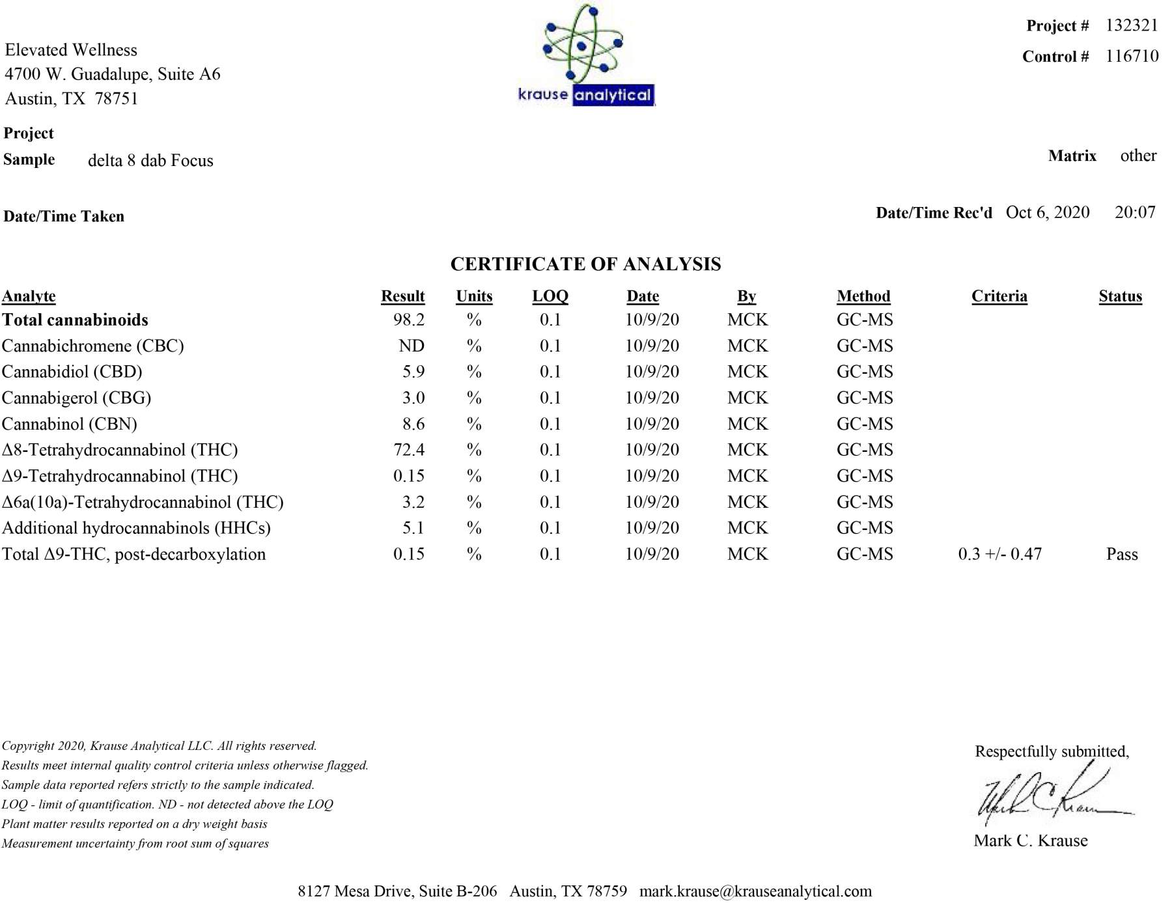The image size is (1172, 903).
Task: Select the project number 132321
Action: [x=1132, y=25]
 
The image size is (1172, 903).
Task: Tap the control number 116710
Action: [x=1132, y=56]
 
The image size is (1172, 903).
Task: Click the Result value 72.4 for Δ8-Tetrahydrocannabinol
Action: [x=409, y=450]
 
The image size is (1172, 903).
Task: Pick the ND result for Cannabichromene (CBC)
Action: [x=412, y=346]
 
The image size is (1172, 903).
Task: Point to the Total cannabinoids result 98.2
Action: [x=409, y=320]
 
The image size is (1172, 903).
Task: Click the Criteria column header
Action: [x=999, y=296]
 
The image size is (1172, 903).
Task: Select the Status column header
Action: [x=1120, y=296]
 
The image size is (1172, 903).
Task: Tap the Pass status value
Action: [x=1122, y=554]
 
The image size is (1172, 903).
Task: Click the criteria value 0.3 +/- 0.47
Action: [x=999, y=554]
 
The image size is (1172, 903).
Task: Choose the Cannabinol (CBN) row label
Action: [x=70, y=424]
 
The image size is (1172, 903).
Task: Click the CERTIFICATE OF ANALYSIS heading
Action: [x=585, y=264]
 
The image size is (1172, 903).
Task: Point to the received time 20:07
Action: [x=1135, y=212]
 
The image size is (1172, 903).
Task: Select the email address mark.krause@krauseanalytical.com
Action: [x=755, y=891]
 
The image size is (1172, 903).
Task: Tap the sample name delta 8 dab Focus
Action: [x=150, y=161]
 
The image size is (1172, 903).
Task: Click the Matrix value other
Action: [x=1138, y=156]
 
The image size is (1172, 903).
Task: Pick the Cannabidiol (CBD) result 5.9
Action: [x=413, y=372]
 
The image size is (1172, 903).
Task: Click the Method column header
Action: [x=863, y=296]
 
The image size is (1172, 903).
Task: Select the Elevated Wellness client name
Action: [x=71, y=50]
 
